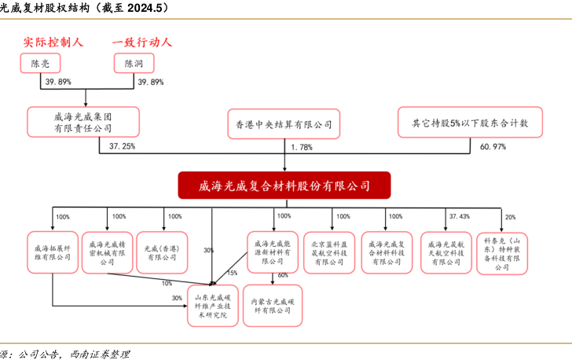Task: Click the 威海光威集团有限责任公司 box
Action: (83, 121)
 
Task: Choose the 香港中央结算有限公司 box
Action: (284, 123)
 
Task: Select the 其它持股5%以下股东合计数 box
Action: (469, 123)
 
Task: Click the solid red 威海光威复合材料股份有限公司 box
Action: (284, 186)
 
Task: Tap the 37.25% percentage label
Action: (123, 147)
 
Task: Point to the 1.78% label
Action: (302, 147)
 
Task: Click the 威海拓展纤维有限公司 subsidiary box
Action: (52, 252)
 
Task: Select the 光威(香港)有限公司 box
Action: (163, 252)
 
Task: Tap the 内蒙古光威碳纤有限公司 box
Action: (272, 305)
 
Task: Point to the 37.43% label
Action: (460, 216)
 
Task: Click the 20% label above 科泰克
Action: (511, 217)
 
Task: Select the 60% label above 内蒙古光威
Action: (283, 275)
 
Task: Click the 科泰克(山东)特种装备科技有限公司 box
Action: (502, 252)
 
